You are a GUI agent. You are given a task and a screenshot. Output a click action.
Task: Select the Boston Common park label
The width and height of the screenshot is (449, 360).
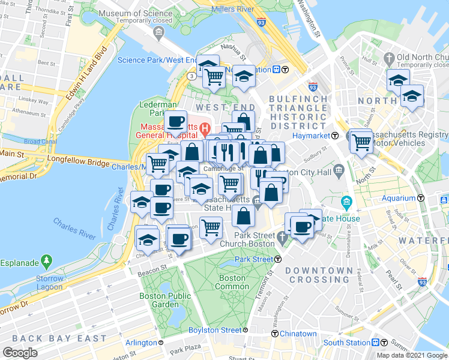click(x=232, y=283)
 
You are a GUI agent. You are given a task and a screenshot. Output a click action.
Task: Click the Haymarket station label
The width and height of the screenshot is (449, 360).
click(x=312, y=136)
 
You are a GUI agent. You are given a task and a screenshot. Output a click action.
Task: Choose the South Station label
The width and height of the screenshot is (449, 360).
click(x=347, y=343)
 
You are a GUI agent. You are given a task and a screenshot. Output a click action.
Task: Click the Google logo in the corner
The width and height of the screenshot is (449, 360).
click(x=20, y=352)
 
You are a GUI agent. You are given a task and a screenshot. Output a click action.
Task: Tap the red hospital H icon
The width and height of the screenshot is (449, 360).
click(x=205, y=127)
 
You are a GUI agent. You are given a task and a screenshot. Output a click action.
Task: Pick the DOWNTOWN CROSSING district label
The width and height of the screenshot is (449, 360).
click(x=319, y=275)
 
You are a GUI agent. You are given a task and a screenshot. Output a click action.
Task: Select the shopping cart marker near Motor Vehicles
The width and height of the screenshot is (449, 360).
click(x=361, y=142)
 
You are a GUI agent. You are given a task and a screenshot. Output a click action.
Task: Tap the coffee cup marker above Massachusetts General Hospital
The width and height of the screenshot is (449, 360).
click(x=175, y=122)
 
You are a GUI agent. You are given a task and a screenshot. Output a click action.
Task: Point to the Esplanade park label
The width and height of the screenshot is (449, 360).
click(x=20, y=262)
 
